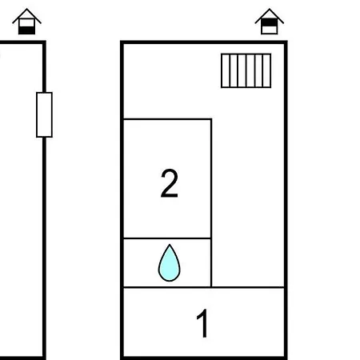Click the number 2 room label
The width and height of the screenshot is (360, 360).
[x=170, y=183]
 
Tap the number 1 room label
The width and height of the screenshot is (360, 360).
[x=202, y=323]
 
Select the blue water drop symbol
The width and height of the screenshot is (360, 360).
[x=170, y=263]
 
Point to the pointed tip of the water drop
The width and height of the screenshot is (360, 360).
[x=170, y=245]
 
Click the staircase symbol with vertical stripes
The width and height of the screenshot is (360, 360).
[x=246, y=70]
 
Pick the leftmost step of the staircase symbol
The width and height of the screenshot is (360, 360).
[x=226, y=70]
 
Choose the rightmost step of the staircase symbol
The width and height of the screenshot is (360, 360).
[x=267, y=70]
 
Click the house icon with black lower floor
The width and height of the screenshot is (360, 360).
[x=26, y=22]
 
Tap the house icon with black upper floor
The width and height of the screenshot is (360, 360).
[x=270, y=22]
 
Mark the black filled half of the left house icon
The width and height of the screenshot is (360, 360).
[x=26, y=30]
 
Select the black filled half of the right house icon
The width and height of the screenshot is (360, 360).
[x=270, y=22]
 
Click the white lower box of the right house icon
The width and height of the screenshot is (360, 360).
[x=270, y=30]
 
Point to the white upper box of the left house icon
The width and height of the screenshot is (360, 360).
[x=26, y=23]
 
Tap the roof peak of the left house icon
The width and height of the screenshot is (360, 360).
[x=26, y=9]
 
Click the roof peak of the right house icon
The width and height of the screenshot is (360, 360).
[x=270, y=9]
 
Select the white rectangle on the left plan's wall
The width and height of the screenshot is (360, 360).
[x=44, y=114]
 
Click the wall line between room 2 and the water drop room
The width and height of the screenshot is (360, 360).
[x=167, y=238]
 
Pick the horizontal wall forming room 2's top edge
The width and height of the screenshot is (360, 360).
[x=168, y=119]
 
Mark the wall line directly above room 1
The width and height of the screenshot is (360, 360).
[x=204, y=287]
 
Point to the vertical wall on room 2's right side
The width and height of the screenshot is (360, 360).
[x=211, y=202]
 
